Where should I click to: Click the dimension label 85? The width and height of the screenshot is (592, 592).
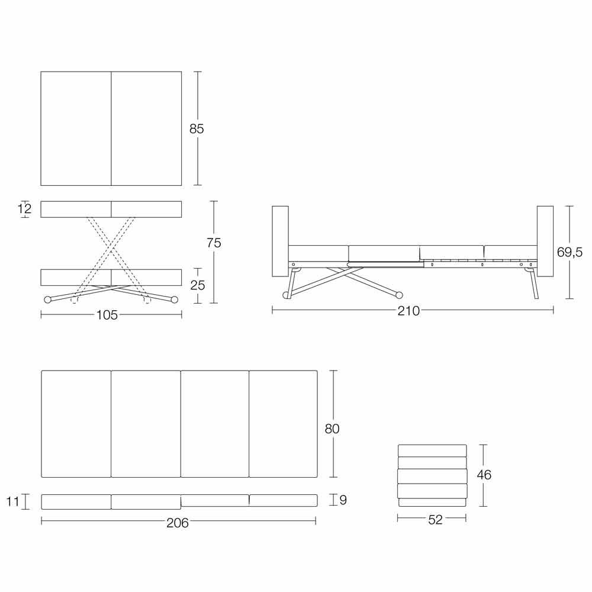[197, 128]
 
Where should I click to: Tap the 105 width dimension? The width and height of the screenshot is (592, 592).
[107, 315]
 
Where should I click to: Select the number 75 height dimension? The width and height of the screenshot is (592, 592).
[214, 243]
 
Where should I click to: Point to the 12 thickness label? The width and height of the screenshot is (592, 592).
[25, 208]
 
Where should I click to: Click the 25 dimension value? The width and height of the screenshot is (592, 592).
[198, 285]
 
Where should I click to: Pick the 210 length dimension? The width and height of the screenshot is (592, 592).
[408, 311]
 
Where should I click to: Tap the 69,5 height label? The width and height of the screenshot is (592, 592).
[570, 252]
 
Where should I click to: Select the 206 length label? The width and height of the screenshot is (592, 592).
[178, 523]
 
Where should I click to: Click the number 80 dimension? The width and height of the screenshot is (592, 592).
[332, 429]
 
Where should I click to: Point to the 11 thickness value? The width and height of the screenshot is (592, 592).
[12, 502]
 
